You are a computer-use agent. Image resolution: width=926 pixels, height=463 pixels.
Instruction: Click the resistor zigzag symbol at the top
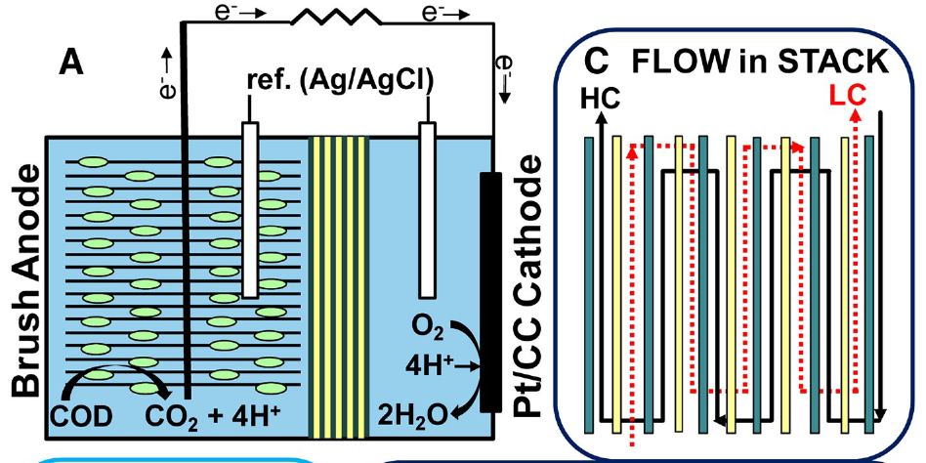coord(338,18)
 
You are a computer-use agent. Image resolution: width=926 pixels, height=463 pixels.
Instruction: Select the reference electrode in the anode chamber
coord(250,209)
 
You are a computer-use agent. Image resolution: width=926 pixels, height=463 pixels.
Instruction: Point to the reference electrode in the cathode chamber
coord(425,209)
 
